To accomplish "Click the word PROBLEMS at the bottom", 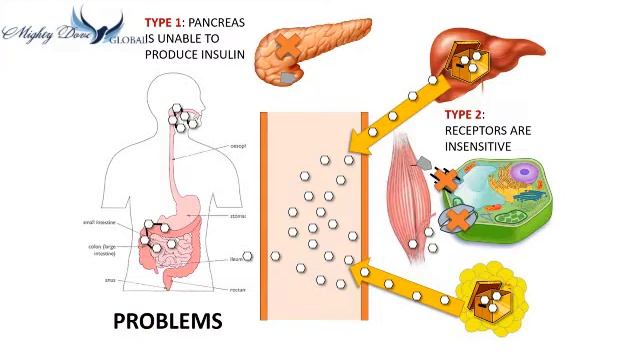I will [x=167, y=321].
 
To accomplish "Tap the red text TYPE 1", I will [x=165, y=22].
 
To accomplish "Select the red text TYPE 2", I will [x=465, y=115].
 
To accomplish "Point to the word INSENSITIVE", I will [x=478, y=147].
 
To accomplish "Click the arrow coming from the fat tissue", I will [x=400, y=281].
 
